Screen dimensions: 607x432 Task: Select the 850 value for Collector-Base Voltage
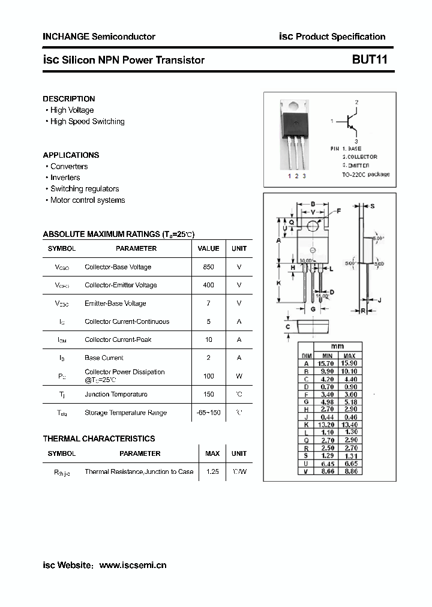click(208, 267)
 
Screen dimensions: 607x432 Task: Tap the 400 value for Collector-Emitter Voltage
click(208, 285)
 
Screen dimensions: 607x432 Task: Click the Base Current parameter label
click(104, 358)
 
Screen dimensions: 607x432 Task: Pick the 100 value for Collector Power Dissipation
click(208, 376)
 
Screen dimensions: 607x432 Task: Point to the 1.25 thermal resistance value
click(212, 472)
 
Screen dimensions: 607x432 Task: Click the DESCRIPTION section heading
click(69, 99)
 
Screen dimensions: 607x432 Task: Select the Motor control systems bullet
click(87, 200)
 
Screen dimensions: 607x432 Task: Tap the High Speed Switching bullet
click(87, 122)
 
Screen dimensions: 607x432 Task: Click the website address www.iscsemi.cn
click(133, 565)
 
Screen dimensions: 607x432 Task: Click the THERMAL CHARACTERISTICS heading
click(99, 439)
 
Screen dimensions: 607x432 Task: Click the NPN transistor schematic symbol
click(351, 122)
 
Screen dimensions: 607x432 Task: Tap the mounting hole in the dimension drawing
click(313, 226)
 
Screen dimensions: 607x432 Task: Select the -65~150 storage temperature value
click(208, 413)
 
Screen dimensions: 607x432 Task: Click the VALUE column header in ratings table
click(208, 248)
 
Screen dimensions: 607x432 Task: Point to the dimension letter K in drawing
click(279, 283)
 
